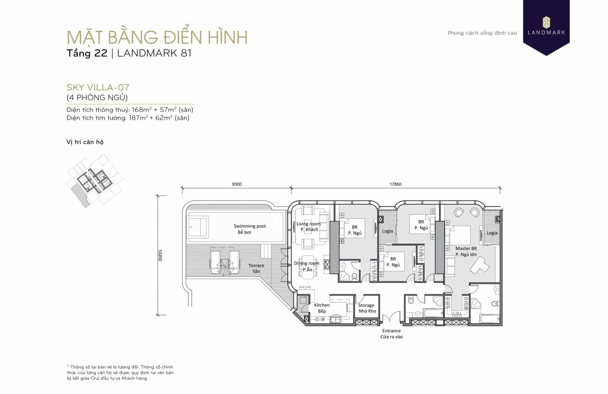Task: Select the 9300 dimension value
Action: coord(237,184)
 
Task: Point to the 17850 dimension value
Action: coord(395,184)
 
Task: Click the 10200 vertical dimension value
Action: coord(160,255)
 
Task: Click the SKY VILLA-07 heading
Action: coord(98,88)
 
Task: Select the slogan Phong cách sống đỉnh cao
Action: coord(482,33)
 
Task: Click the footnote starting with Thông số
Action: coord(120,373)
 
